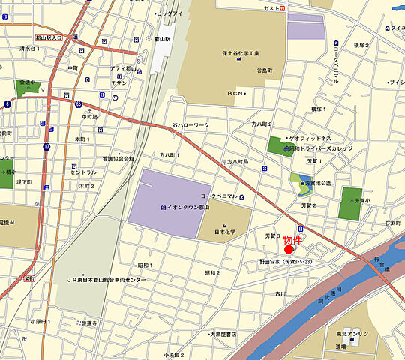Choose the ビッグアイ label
click(x=169, y=13)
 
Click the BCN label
click(x=236, y=93)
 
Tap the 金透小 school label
click(x=28, y=82)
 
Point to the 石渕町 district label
click(x=393, y=223)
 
